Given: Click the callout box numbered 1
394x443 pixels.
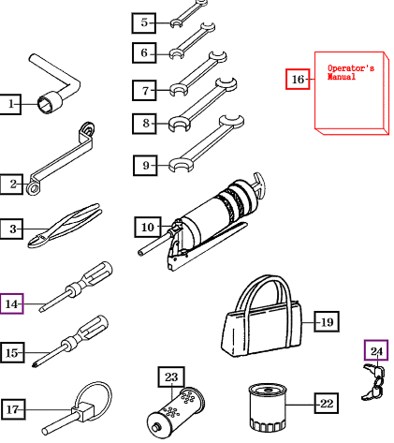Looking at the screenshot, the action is tap(10, 104).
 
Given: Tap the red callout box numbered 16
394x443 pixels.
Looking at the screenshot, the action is tap(298, 80).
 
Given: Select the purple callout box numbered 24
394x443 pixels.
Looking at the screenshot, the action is tap(376, 350).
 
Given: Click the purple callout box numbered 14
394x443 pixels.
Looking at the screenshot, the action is tap(11, 303).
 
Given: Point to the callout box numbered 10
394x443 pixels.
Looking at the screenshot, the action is tap(148, 227).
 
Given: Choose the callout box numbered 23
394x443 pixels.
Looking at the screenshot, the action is tap(171, 377).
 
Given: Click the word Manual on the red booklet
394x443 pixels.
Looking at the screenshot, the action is tap(342, 77).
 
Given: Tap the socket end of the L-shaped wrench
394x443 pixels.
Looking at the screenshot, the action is tap(50, 102).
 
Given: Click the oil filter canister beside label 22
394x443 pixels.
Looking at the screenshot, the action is tap(268, 407).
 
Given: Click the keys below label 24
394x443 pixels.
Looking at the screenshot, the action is tap(373, 382).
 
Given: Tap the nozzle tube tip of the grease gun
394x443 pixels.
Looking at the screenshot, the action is tap(141, 252).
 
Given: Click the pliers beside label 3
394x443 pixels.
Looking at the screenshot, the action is tap(64, 226).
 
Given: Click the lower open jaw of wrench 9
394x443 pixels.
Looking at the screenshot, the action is tap(181, 166).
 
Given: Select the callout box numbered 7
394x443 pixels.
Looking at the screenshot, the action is tap(144, 91).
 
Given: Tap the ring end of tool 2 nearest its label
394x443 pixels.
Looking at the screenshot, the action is tap(33, 188).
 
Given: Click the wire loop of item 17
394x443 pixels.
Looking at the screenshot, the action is tap(94, 399).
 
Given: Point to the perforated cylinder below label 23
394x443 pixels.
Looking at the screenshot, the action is tap(176, 409).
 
